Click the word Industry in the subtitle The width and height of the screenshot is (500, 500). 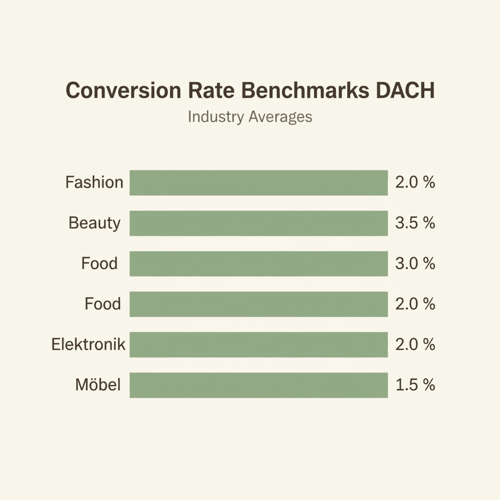215,117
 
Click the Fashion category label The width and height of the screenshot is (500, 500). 94,183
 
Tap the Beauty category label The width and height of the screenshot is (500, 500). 94,223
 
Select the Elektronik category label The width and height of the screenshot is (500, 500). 88,345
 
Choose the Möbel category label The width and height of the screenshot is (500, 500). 98,385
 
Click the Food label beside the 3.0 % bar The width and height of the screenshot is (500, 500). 99,264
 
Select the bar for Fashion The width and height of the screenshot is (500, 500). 258,183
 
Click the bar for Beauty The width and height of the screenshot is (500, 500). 258,223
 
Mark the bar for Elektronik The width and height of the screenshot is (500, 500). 258,345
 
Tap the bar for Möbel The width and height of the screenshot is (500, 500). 258,385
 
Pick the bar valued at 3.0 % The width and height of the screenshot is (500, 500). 258,264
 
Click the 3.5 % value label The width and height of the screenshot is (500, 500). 415,223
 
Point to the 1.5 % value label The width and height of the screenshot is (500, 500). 415,385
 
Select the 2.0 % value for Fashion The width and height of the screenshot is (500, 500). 415,183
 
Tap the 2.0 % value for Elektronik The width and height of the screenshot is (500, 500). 415,345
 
